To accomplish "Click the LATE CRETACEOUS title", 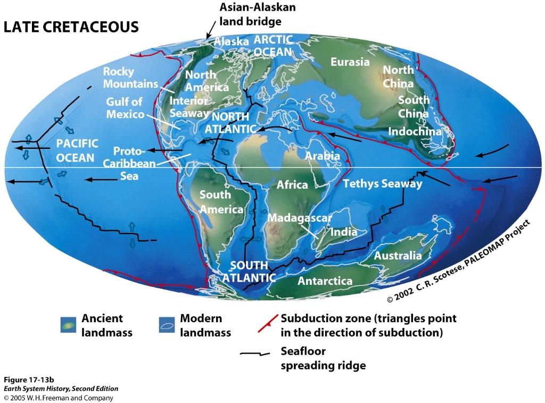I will point(71,27).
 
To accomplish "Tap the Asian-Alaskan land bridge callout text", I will point(258,14).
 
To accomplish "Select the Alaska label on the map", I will point(232,41).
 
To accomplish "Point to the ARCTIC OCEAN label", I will point(273,46).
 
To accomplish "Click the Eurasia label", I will point(350,62).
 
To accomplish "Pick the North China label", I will point(398,77).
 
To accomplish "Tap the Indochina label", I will point(415,131).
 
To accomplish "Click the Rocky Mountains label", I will point(130,78).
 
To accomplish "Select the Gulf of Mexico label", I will point(125,108).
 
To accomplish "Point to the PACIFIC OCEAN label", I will point(78,150).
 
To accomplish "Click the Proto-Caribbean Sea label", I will point(127,163).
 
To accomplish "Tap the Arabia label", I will point(322,156).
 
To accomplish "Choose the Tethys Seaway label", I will point(382,184).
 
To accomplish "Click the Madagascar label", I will point(300,217).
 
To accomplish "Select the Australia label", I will point(398,256).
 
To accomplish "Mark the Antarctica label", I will point(325,281).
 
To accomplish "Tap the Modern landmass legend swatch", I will point(167,324).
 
